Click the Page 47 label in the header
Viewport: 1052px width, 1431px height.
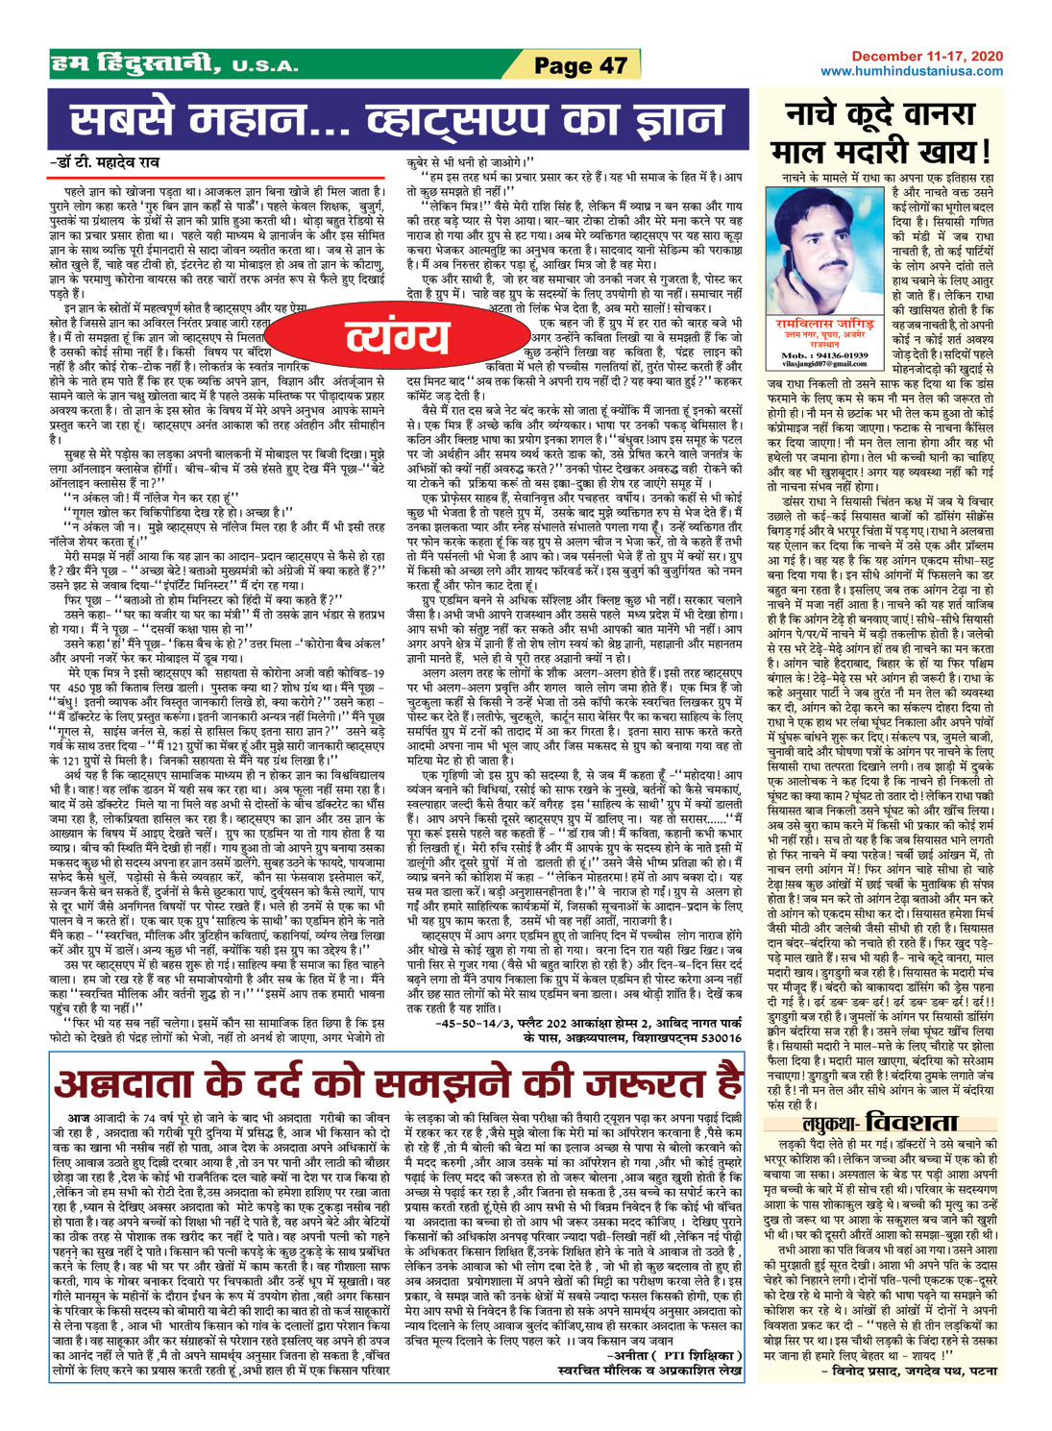[580, 65]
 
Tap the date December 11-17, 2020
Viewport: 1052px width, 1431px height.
[926, 58]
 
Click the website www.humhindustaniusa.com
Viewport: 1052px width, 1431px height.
[912, 71]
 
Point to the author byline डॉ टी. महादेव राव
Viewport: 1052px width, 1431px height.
[105, 162]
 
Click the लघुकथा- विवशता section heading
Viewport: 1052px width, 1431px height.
[880, 1123]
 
